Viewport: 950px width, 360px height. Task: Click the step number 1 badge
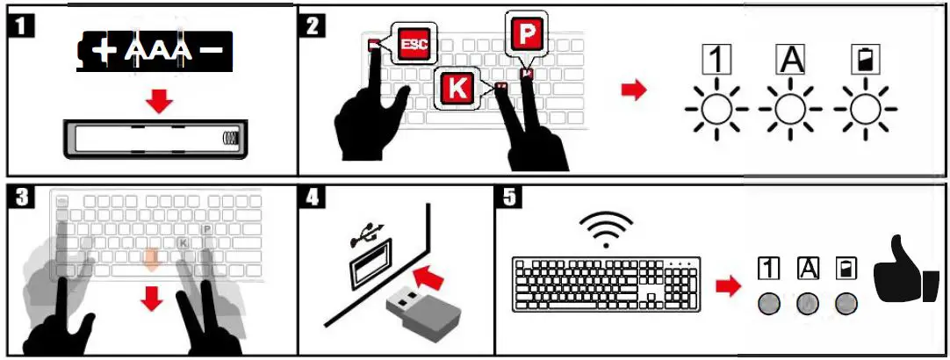[x=25, y=24]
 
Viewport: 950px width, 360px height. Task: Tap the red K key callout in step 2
[x=457, y=88]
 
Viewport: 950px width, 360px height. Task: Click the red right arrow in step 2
[x=632, y=90]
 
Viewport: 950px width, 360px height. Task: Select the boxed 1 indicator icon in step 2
[x=717, y=60]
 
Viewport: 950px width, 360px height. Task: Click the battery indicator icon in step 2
[x=865, y=60]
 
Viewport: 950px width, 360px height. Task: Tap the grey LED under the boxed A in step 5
[x=807, y=304]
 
